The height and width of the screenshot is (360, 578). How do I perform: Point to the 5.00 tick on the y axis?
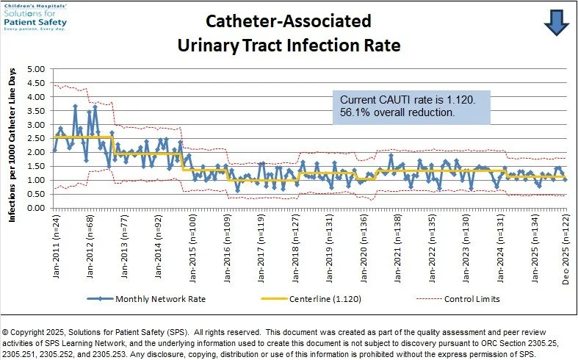click(36, 69)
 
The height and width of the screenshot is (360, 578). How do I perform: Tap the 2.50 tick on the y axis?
click(36, 138)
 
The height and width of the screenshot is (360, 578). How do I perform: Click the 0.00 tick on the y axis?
click(36, 208)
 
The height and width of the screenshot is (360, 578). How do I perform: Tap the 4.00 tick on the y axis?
click(36, 97)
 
